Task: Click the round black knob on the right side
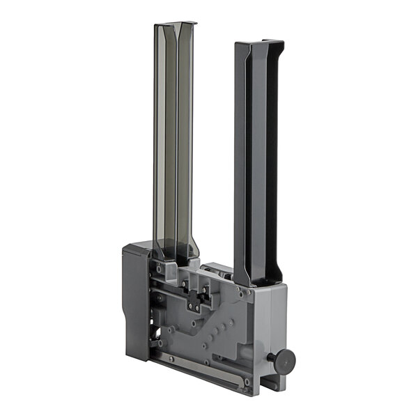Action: click(x=284, y=360)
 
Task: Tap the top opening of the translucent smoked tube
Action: click(x=175, y=25)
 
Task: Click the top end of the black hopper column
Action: click(x=259, y=45)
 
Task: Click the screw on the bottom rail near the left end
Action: click(x=169, y=359)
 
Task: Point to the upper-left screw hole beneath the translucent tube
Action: click(x=160, y=268)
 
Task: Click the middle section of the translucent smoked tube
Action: click(x=173, y=139)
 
